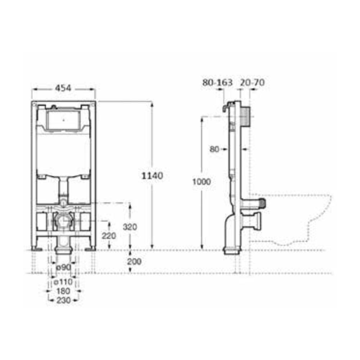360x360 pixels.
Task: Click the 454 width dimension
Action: click(x=63, y=88)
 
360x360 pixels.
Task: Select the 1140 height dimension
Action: click(x=152, y=176)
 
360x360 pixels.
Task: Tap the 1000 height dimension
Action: click(x=202, y=181)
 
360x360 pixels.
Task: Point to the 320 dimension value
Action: click(x=130, y=227)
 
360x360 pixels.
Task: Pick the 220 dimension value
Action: click(x=109, y=235)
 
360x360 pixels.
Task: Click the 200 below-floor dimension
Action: click(x=134, y=261)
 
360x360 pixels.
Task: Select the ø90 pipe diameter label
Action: click(x=64, y=267)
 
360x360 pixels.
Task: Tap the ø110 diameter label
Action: click(x=63, y=282)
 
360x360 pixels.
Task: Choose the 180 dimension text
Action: click(x=63, y=291)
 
